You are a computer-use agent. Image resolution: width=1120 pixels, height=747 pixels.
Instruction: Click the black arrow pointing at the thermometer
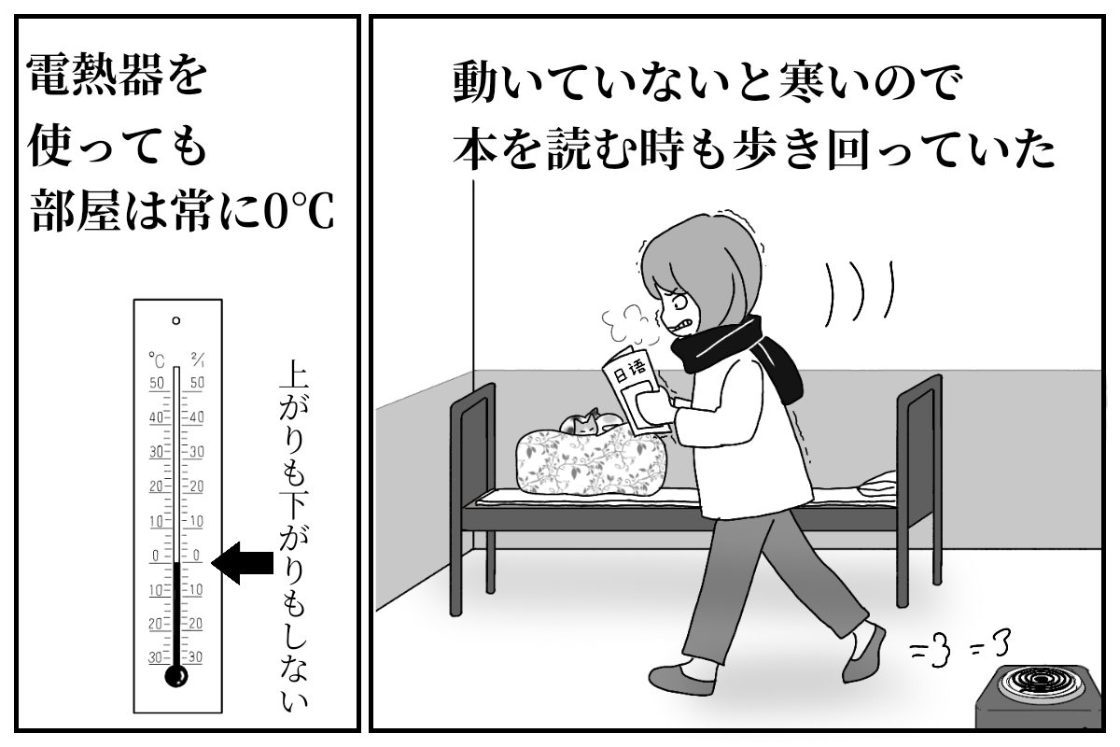[243, 563]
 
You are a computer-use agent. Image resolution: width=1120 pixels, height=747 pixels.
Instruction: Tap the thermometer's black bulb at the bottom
[176, 676]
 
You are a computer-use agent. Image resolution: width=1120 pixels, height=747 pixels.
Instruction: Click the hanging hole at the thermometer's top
[176, 320]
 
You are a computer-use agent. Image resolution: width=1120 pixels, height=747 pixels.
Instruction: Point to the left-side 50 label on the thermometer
[157, 383]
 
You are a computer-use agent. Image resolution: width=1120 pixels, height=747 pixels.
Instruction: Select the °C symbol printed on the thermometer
[157, 359]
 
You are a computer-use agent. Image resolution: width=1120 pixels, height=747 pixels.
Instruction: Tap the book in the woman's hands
[635, 388]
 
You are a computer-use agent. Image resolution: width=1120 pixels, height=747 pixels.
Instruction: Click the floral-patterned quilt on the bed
[592, 463]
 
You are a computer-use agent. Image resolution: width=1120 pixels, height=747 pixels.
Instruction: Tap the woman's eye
[681, 303]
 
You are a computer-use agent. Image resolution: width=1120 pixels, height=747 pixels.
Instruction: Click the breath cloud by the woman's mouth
[631, 324]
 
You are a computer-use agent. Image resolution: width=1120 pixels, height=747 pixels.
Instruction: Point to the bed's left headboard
[473, 495]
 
